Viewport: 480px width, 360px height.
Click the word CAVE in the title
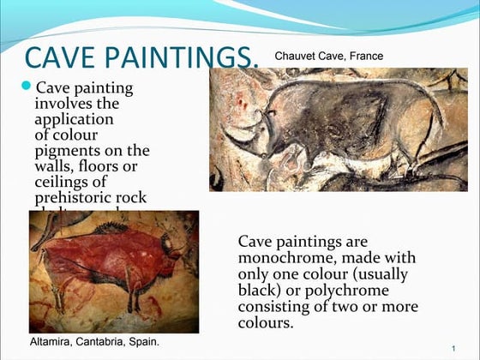click(x=58, y=57)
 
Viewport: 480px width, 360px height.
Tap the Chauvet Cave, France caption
click(x=328, y=57)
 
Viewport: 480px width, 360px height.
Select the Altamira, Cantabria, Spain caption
click(x=94, y=342)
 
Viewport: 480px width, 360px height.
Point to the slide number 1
click(x=452, y=347)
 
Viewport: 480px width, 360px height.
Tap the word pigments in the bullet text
click(x=68, y=150)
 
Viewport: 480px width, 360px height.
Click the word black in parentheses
click(x=260, y=290)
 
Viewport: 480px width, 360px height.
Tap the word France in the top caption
click(x=365, y=57)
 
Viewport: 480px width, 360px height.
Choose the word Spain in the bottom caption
click(x=142, y=342)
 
